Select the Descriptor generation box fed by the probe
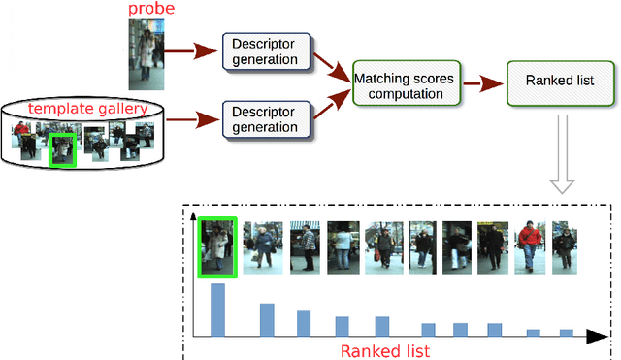(263, 51)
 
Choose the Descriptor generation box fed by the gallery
(263, 117)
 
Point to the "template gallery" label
(88, 108)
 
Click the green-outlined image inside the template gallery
(62, 148)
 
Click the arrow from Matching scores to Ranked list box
(478, 84)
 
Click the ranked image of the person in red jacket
(530, 245)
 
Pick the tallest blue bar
(217, 310)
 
